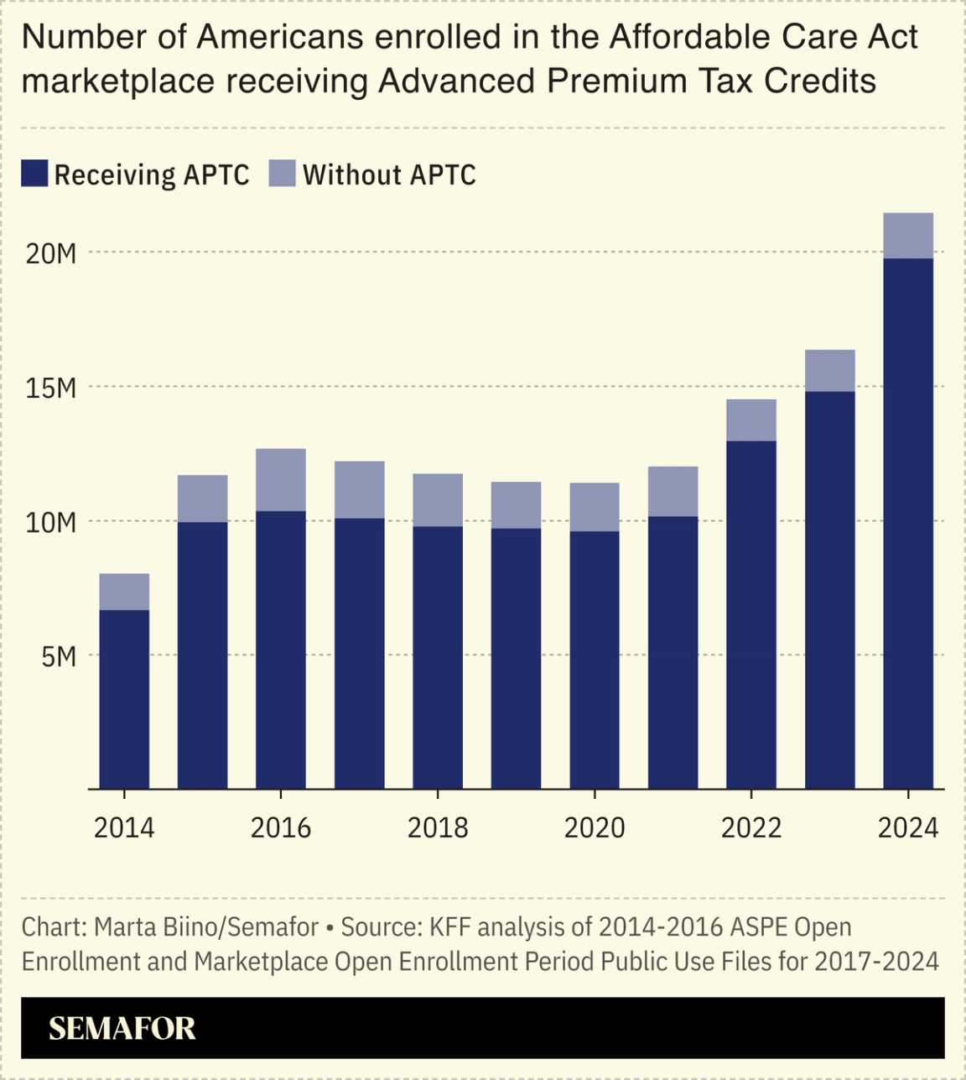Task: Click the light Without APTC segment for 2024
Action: coord(908,236)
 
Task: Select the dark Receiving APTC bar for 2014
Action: coord(124,699)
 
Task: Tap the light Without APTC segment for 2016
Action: coord(281,480)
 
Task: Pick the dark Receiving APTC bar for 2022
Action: coord(751,614)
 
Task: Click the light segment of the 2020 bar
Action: coord(595,507)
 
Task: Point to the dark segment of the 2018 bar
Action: coord(438,657)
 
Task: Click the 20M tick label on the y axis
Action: coord(51,253)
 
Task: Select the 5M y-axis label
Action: coord(59,656)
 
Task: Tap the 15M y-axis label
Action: coord(51,388)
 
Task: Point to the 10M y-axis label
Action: coord(51,522)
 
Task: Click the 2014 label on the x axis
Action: coord(124,828)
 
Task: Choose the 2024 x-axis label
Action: coord(908,828)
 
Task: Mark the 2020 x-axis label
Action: coord(595,828)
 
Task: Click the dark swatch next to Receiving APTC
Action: coord(34,174)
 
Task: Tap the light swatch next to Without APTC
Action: coord(283,174)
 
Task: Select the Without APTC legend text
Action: coord(389,175)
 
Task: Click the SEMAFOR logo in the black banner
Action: coord(122,1028)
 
